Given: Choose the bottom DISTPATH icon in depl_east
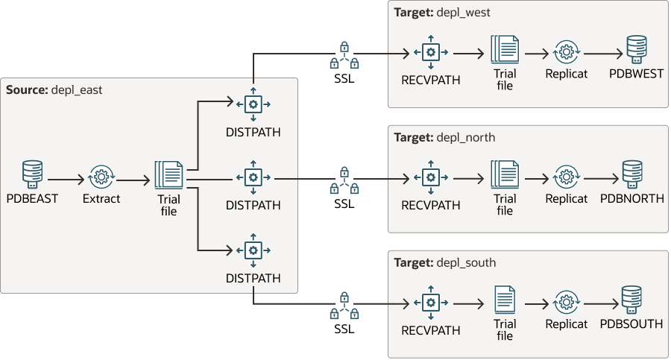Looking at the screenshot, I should point(253,250).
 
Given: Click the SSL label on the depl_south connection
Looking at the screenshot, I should point(344,329).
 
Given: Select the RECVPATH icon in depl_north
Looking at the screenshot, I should point(429,177).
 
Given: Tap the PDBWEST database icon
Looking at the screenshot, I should point(636,49).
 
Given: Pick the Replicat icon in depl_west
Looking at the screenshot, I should point(566,53).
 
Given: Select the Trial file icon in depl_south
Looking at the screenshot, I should point(505,300).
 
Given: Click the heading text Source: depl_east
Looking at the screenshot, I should point(54,90).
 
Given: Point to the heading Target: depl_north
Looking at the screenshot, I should point(444,137).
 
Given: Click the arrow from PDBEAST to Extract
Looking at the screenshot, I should point(66,180).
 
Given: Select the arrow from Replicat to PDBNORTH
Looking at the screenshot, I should point(602,180).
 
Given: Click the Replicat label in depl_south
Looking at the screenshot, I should point(566,324).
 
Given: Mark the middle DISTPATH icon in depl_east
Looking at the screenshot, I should point(253,177).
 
